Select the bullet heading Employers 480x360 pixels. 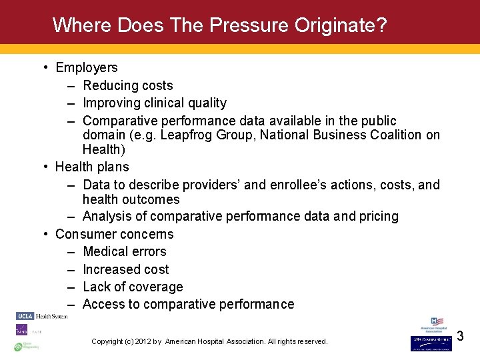(87, 67)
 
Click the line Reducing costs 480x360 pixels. (127, 85)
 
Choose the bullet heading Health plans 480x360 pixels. (92, 167)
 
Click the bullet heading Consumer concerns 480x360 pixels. (114, 234)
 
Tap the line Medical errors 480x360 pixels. (124, 251)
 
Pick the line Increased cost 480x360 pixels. (125, 269)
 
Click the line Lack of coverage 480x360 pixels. (133, 287)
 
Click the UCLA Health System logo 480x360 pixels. (41, 315)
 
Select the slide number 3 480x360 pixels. (460, 337)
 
